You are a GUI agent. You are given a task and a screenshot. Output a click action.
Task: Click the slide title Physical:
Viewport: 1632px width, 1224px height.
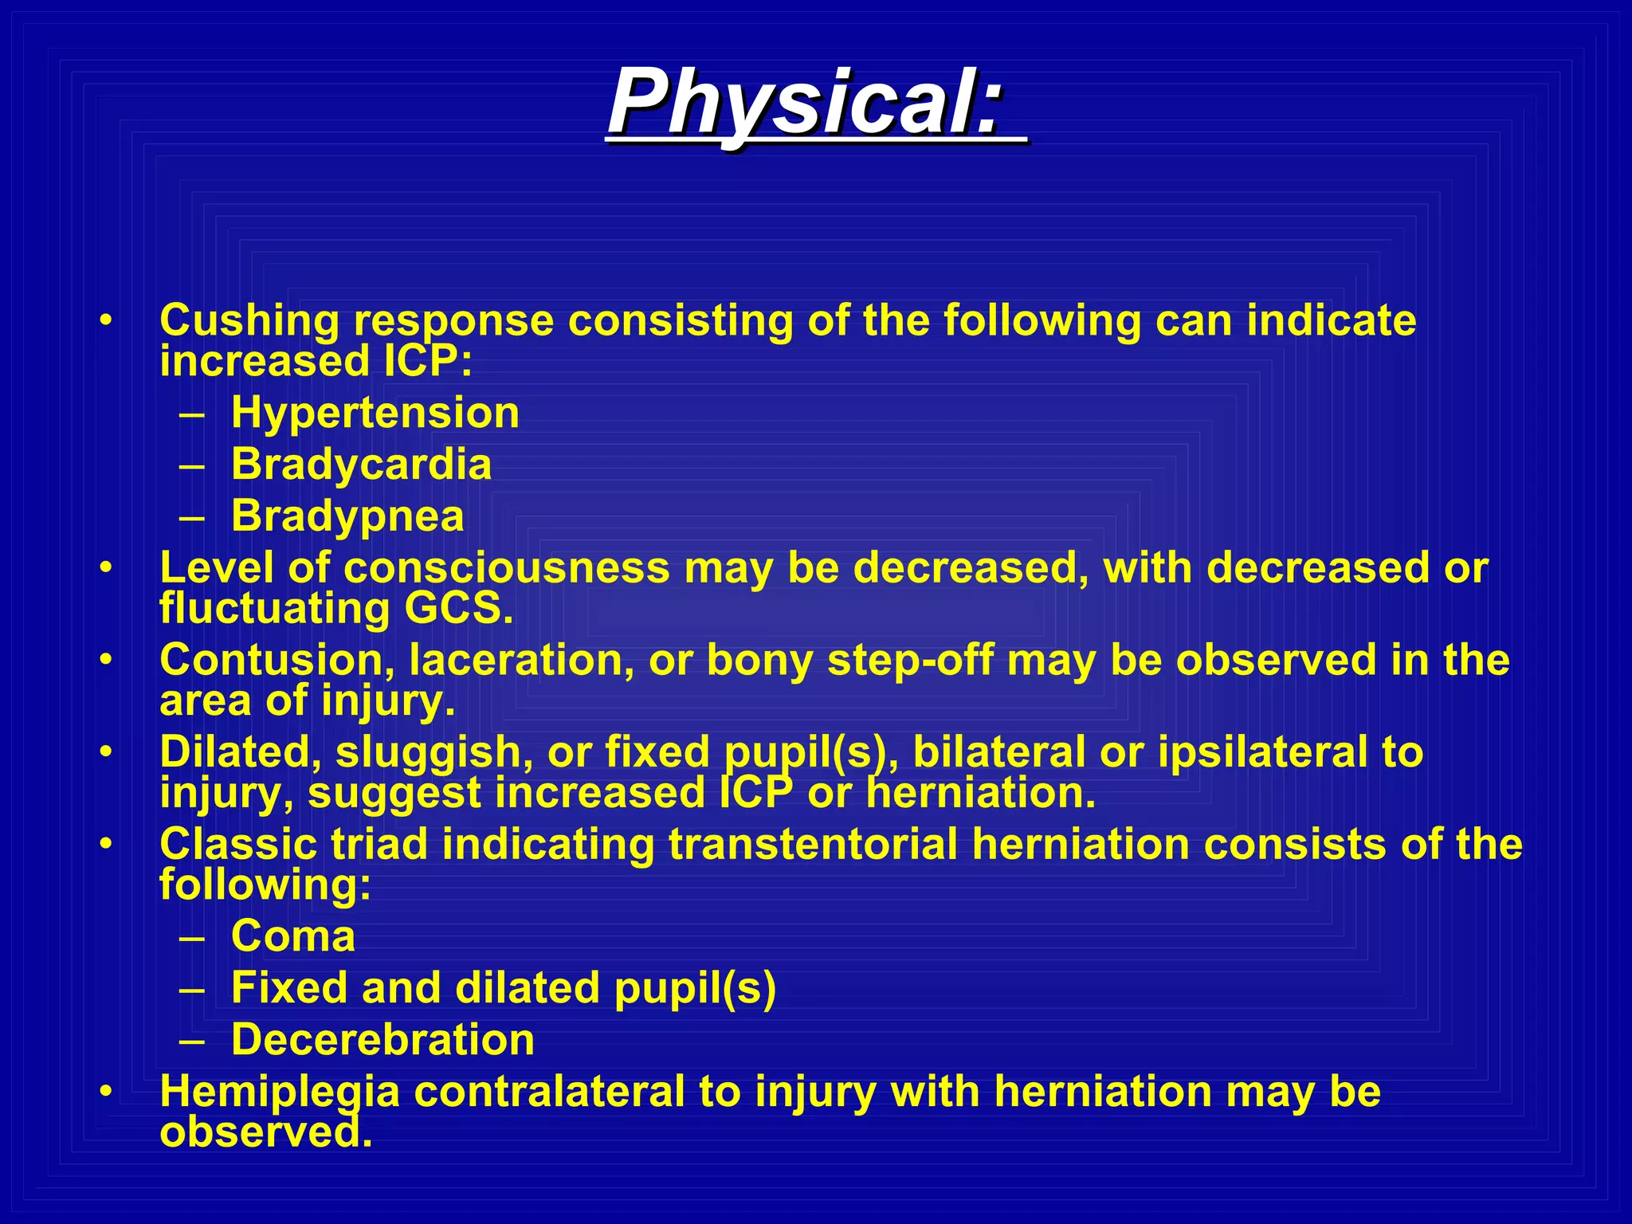[x=805, y=102]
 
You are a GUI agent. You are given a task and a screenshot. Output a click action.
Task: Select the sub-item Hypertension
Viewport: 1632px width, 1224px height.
[x=375, y=413]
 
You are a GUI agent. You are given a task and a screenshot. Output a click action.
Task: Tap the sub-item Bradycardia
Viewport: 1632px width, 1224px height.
[x=361, y=464]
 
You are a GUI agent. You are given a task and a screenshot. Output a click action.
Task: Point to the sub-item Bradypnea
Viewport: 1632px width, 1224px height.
[x=347, y=516]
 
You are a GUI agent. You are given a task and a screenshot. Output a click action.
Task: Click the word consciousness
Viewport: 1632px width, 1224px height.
[x=507, y=568]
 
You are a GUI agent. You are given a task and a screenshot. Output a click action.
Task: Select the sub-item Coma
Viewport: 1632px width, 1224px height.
[x=293, y=936]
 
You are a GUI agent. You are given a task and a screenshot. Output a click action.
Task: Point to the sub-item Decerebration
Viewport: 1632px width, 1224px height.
[x=382, y=1040]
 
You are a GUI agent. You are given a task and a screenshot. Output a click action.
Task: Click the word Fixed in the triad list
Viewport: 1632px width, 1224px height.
[x=288, y=988]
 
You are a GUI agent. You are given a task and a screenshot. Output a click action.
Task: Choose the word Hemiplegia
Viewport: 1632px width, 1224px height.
[x=279, y=1092]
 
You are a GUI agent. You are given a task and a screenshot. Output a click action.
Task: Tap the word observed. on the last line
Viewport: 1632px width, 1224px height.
[x=266, y=1132]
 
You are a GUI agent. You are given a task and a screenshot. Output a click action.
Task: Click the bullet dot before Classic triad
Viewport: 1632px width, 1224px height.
[x=106, y=843]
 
